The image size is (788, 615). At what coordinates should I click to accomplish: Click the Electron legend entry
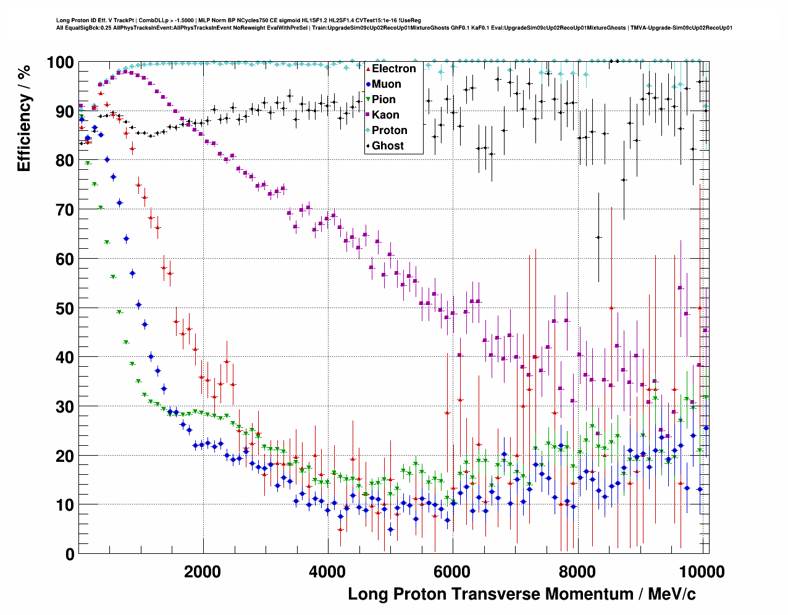click(393, 69)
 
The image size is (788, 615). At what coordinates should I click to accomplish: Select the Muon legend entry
click(386, 84)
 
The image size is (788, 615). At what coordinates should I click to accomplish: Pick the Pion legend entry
click(384, 99)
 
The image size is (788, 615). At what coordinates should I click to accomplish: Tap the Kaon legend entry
click(385, 115)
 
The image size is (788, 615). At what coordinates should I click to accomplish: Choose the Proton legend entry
click(389, 130)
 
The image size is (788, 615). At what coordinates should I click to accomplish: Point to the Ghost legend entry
click(387, 146)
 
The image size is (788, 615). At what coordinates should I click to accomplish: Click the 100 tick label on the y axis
click(61, 62)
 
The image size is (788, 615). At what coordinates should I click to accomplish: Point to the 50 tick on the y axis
click(65, 308)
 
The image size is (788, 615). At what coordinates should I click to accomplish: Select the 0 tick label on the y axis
click(70, 554)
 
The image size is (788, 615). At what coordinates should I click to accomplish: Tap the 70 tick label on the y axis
click(65, 210)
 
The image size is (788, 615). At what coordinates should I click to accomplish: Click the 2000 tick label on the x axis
click(203, 571)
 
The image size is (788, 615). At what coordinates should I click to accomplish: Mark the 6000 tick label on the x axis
click(453, 571)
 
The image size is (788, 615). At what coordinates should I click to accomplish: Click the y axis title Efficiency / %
click(24, 117)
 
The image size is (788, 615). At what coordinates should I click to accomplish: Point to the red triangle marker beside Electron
click(368, 69)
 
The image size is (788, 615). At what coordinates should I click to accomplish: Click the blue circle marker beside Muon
click(368, 84)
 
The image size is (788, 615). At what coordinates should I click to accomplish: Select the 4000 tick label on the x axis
click(327, 571)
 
